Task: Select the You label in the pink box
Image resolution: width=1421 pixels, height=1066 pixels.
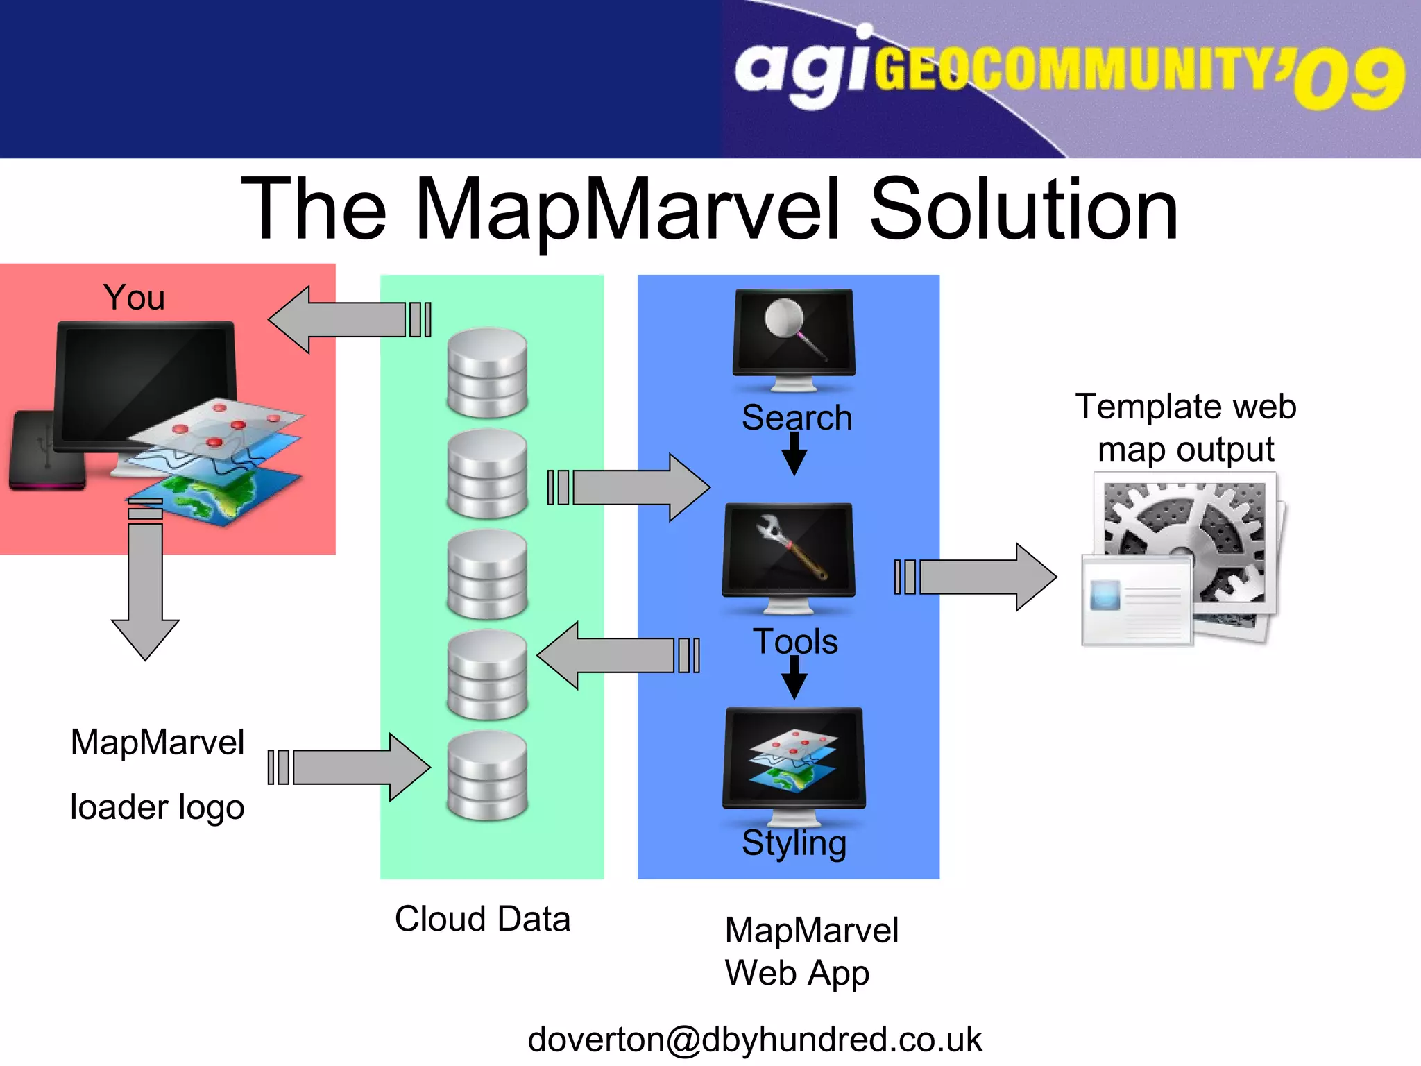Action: pos(134,297)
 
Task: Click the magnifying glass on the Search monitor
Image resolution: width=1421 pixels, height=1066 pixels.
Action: pos(791,326)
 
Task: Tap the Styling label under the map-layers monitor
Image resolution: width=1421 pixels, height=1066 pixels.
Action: pos(794,843)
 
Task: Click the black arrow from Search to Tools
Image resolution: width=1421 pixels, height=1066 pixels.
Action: pos(794,455)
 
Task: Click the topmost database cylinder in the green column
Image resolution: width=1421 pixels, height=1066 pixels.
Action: pos(487,373)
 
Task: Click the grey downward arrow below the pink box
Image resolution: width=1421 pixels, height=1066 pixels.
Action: pos(145,590)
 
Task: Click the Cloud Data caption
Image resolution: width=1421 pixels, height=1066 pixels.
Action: pos(482,919)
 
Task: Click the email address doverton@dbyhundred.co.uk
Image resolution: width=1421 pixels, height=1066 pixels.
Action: pos(754,1039)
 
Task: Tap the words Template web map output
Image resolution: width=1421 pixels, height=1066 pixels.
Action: pos(1185,428)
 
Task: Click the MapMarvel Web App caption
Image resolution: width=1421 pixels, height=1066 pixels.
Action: pos(810,951)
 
